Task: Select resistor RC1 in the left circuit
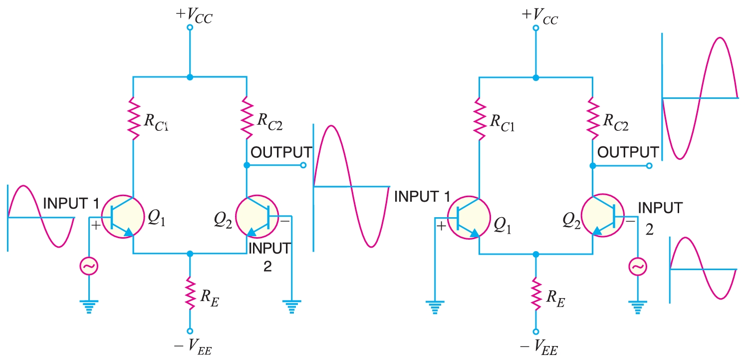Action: tap(133, 118)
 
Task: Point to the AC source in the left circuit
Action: tap(88, 267)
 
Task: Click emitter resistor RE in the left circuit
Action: tap(190, 293)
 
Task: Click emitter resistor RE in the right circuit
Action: tap(536, 293)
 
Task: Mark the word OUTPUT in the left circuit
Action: tap(281, 152)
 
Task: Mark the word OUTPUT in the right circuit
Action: tap(628, 152)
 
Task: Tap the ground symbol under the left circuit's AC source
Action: tap(88, 305)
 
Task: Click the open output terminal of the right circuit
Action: tap(649, 166)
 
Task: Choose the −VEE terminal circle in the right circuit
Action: tap(536, 331)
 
